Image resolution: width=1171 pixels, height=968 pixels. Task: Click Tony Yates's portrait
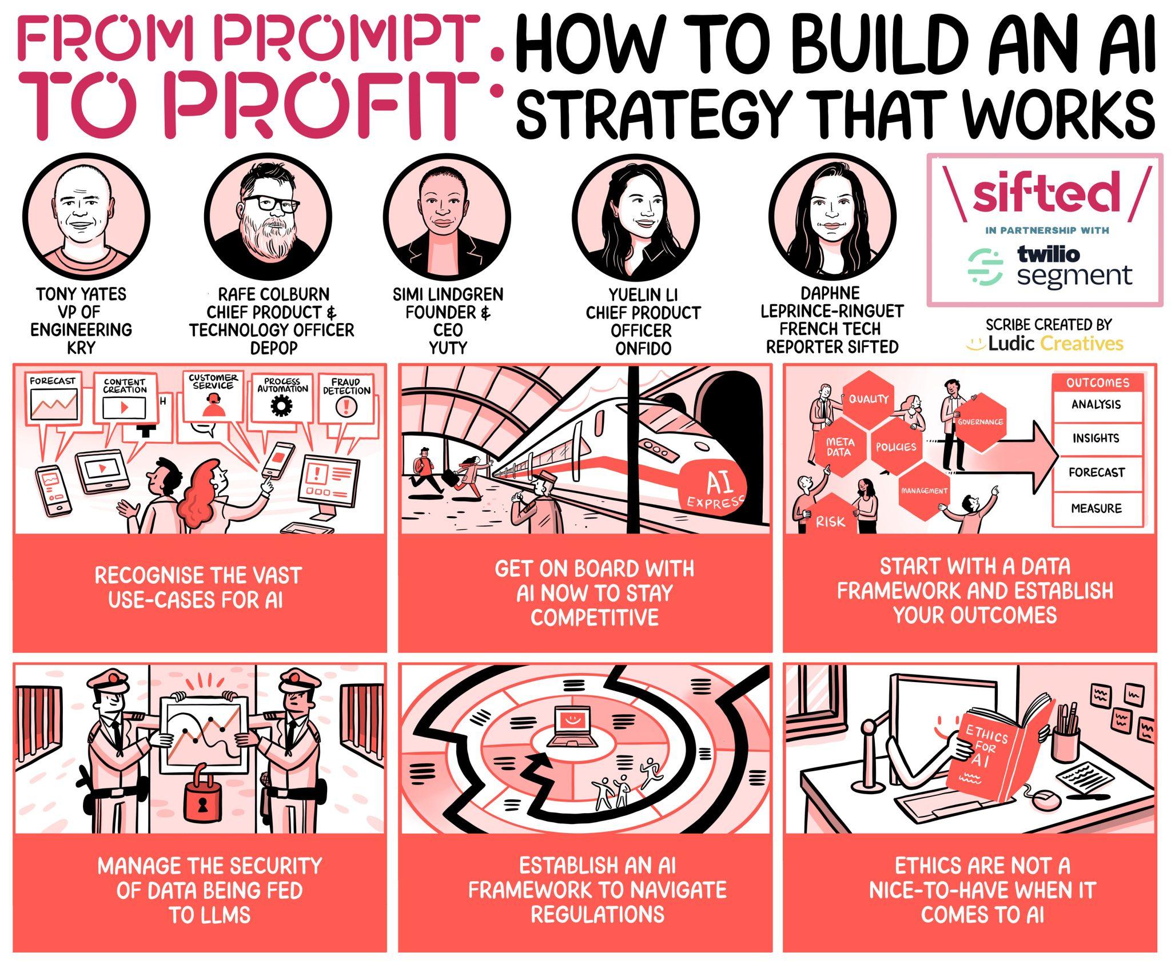[x=87, y=218]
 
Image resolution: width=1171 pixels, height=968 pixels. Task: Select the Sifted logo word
[x=1046, y=191]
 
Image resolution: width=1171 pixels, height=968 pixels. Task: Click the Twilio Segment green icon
[x=985, y=267]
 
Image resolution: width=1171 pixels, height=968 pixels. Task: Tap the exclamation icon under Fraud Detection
[x=346, y=407]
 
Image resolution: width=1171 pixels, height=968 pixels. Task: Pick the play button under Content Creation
[x=124, y=408]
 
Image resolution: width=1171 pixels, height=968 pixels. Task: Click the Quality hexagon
[x=868, y=399]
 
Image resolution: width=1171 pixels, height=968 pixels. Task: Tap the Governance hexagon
[x=980, y=422]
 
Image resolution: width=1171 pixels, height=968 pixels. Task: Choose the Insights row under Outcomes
[x=1096, y=439]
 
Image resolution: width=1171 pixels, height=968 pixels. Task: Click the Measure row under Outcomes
[x=1096, y=508]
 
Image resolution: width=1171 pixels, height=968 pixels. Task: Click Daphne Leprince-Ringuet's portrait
[x=832, y=217]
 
